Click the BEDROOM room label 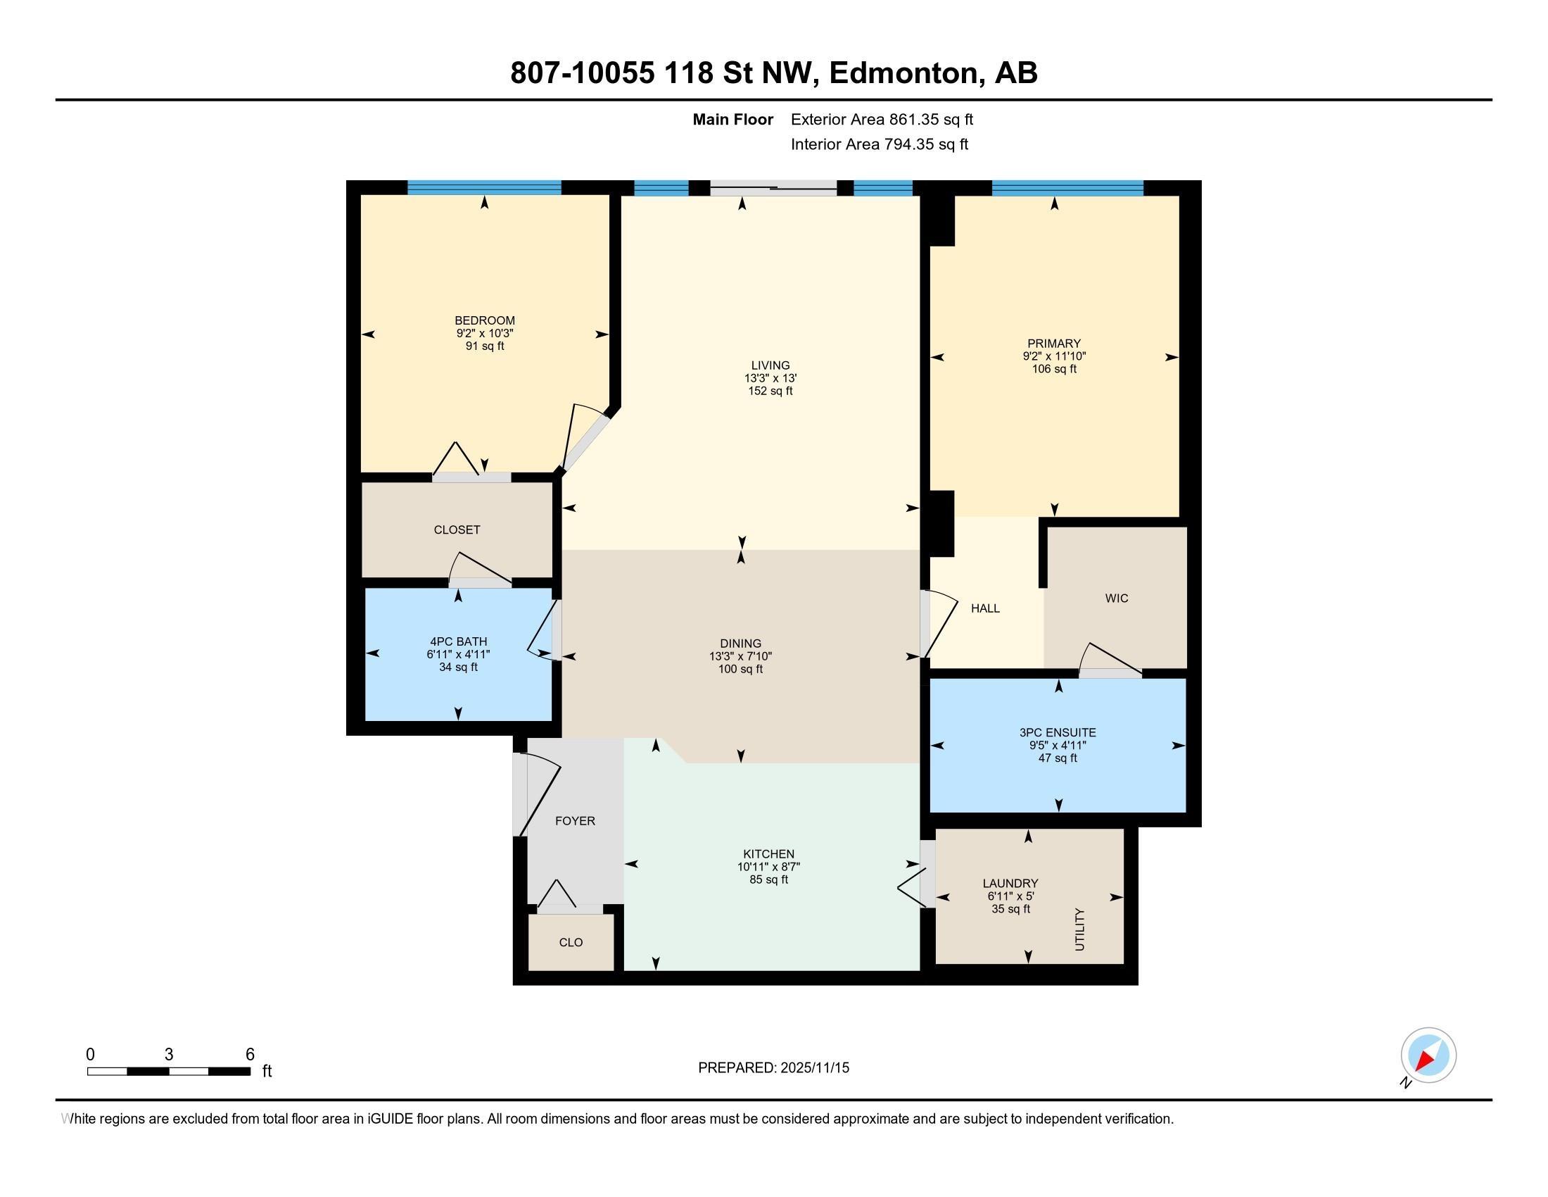485,320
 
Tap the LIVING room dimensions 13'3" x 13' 770,379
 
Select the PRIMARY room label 1054,344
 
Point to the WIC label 1117,598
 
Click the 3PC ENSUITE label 1058,732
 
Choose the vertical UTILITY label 1079,929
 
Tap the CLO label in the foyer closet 571,942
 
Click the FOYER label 575,821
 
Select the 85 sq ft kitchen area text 768,880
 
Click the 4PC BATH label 458,641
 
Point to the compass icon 1428,1055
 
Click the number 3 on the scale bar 169,1055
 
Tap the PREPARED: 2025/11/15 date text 773,1068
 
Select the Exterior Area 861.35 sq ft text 882,120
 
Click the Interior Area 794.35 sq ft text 879,144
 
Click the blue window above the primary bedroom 1067,188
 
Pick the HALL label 985,608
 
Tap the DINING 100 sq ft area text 740,670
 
